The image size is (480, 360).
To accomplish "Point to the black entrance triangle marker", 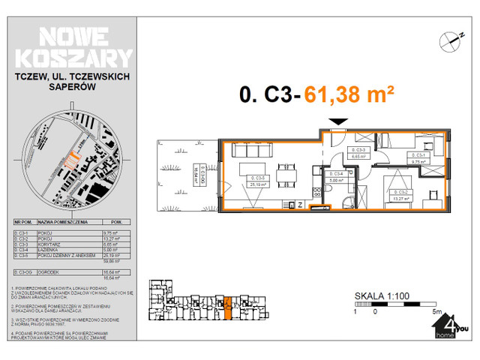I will (x=339, y=122).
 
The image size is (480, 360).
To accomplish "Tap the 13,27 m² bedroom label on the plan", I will (x=398, y=196).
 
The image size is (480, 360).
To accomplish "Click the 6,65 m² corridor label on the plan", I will (x=357, y=156).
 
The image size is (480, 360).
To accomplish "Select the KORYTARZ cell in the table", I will (x=46, y=243).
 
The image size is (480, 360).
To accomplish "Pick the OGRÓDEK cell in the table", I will (x=46, y=271).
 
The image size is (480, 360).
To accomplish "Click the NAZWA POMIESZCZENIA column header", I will (x=63, y=223).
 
